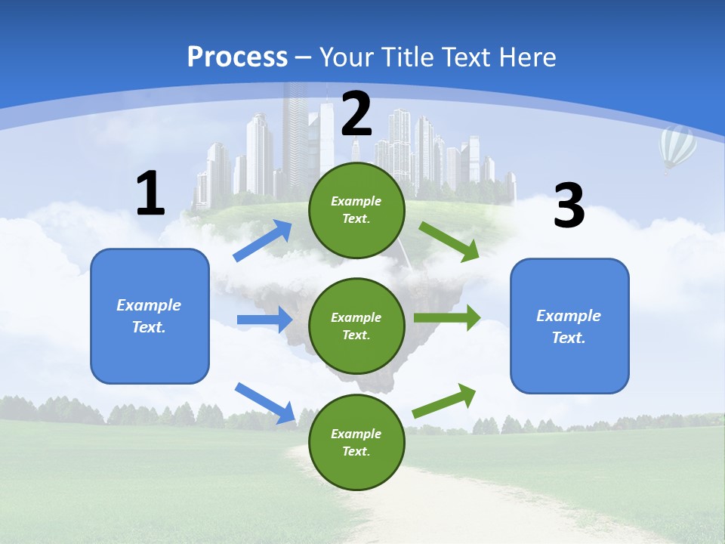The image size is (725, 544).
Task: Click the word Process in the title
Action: pos(237,57)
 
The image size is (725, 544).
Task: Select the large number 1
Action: pos(150,194)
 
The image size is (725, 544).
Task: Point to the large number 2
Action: pos(356,113)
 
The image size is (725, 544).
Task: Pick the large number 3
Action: pos(569,206)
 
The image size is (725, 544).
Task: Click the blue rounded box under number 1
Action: pos(150,316)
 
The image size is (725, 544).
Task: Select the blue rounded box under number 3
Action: pos(569,326)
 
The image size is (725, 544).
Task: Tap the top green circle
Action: pos(356,210)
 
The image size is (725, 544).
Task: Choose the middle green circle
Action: pos(356,326)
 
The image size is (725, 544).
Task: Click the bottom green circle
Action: pos(356,442)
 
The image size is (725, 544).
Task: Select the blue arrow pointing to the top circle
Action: pos(263,241)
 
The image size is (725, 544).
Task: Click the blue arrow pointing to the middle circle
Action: pos(264,320)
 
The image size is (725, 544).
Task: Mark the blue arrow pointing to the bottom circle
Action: pos(265,403)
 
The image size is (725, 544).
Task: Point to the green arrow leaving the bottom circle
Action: pos(444,401)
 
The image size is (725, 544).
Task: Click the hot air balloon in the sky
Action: pos(677,148)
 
